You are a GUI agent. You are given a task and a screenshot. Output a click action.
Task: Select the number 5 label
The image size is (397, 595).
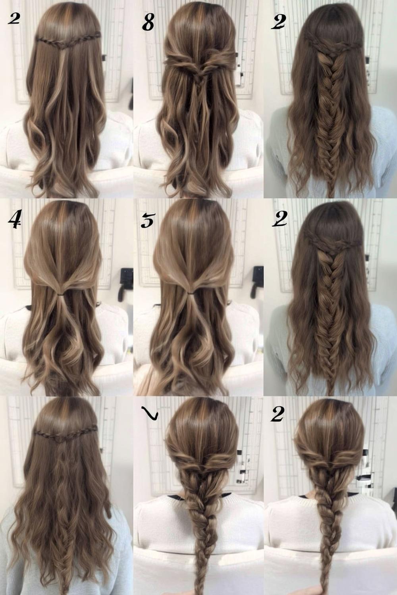coord(147,221)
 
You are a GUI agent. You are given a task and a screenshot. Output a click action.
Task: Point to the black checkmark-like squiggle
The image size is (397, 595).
coord(151,414)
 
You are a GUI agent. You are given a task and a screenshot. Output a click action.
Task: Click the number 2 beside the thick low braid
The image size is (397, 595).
coord(278,415)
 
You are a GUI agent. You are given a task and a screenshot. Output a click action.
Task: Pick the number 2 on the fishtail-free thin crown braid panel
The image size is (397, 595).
coord(14,18)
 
